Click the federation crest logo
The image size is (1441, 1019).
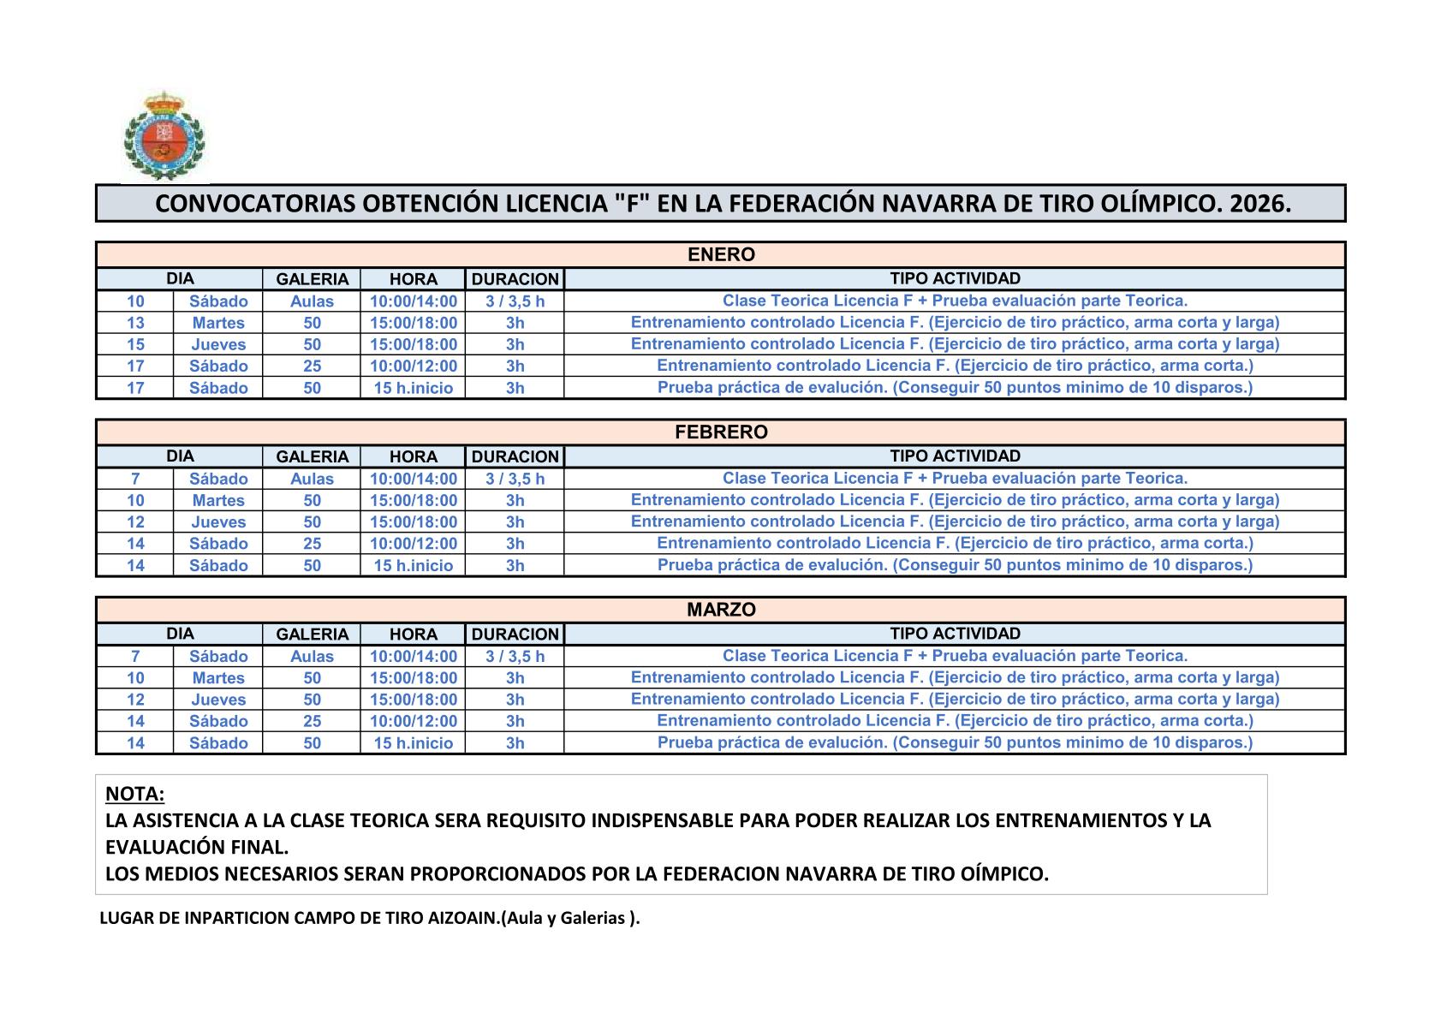click(x=164, y=136)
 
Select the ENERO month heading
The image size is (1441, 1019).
click(x=721, y=255)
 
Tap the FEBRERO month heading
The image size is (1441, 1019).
click(x=721, y=432)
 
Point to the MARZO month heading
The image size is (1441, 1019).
click(x=721, y=610)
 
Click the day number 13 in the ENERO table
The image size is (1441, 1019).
click(x=135, y=323)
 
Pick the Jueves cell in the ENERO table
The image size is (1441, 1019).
click(x=218, y=344)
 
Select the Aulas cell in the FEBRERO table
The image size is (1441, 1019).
click(x=312, y=479)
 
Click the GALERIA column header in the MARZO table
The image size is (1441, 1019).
click(x=312, y=635)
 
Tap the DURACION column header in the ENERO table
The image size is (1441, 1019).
click(x=515, y=279)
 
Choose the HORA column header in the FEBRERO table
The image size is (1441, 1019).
click(x=413, y=457)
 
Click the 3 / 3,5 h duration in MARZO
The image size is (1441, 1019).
click(x=515, y=657)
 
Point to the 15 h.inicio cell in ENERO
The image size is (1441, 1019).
click(x=413, y=388)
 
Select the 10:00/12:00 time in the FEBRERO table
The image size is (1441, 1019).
click(x=413, y=544)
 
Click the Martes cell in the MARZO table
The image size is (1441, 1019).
click(x=218, y=678)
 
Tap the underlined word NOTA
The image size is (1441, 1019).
click(x=134, y=794)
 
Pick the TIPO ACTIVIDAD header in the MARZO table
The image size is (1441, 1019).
click(x=955, y=634)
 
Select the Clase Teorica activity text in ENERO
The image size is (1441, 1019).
click(x=955, y=301)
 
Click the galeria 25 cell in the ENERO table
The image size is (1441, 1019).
click(x=312, y=366)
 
